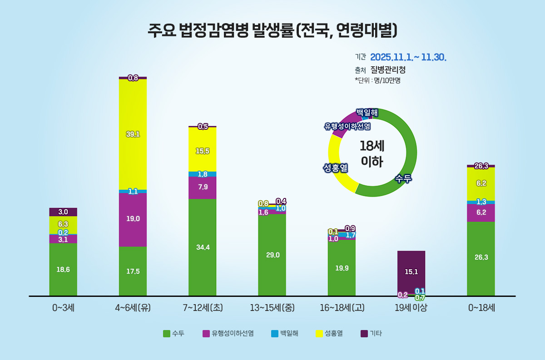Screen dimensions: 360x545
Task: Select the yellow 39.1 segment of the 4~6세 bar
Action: click(x=133, y=134)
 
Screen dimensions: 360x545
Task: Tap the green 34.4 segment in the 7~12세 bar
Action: click(x=202, y=247)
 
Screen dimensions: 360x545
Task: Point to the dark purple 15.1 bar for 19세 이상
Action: click(x=411, y=272)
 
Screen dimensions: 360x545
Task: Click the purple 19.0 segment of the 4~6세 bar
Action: click(x=133, y=219)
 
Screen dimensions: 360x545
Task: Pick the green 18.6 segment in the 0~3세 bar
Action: click(x=63, y=269)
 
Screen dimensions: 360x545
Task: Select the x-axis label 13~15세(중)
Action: click(x=272, y=308)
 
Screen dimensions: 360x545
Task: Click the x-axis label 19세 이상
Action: click(x=411, y=308)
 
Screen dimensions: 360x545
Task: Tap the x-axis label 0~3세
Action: click(x=63, y=308)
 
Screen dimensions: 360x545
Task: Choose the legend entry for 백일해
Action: click(x=285, y=334)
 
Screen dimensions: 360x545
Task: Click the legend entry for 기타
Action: click(x=371, y=334)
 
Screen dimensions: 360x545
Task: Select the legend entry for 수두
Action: click(x=173, y=334)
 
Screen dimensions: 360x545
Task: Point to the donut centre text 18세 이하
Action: click(x=372, y=153)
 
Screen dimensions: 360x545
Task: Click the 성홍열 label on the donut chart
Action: click(x=335, y=168)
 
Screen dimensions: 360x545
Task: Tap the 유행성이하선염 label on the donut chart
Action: click(x=347, y=126)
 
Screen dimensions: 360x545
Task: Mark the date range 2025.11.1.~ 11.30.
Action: click(x=408, y=57)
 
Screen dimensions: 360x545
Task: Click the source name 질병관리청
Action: click(x=388, y=70)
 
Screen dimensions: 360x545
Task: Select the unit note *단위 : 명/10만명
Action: click(x=377, y=80)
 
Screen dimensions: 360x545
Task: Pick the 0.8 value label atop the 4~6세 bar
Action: click(x=133, y=78)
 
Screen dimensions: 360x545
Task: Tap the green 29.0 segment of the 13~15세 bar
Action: click(x=272, y=255)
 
